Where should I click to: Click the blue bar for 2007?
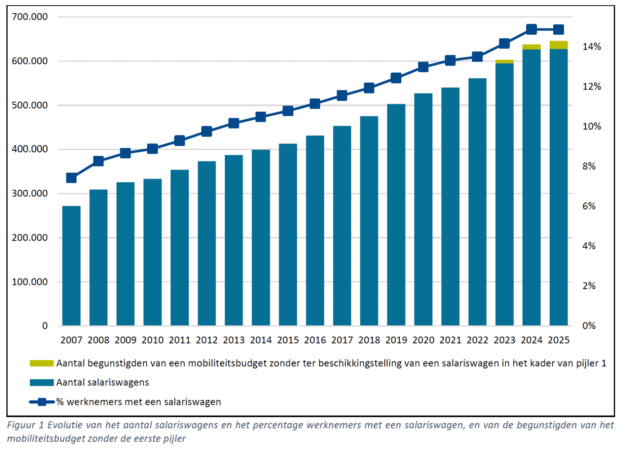coord(71,266)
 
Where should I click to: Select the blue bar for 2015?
coord(288,235)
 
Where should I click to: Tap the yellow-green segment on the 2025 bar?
coord(559,45)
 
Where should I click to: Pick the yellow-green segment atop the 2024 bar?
coord(532,47)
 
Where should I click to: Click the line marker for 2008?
coord(98,161)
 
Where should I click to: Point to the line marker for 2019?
coord(396,78)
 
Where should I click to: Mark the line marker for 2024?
coord(532,29)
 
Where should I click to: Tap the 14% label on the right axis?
coord(591,47)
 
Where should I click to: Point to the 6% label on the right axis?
coord(589,206)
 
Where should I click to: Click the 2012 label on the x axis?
coord(206,340)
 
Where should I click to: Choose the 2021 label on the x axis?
coord(450,340)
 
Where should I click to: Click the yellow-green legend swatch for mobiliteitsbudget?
coord(42,364)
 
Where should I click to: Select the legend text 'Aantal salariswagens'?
coord(102,382)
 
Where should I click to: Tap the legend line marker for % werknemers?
coord(42,402)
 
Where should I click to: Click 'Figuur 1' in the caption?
coord(26,425)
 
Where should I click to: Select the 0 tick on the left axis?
coord(45,326)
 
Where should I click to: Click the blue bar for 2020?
coord(423,209)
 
